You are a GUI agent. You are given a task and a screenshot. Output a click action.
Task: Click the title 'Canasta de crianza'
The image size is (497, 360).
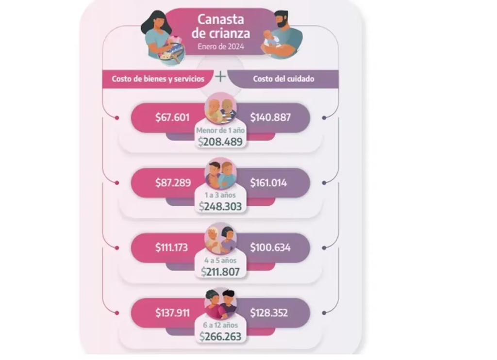pos(221,26)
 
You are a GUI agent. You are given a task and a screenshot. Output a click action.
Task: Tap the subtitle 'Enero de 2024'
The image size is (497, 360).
pos(221,47)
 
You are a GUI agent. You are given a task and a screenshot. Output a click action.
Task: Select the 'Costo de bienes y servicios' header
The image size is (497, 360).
pos(158,79)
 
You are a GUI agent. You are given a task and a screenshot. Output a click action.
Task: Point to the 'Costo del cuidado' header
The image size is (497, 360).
pos(283,79)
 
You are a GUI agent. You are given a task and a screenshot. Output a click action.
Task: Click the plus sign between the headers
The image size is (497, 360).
pos(220,77)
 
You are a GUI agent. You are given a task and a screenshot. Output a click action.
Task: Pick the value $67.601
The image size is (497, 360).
pos(172,117)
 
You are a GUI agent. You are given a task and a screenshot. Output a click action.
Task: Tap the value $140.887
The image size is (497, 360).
pos(270,117)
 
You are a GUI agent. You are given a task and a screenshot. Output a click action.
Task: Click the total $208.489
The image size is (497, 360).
pos(220,142)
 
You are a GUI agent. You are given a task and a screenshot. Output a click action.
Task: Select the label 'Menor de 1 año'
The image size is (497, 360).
pos(220,130)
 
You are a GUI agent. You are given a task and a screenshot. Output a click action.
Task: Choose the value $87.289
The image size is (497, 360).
pos(173,183)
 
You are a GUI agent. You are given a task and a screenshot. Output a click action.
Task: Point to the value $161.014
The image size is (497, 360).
pos(268,183)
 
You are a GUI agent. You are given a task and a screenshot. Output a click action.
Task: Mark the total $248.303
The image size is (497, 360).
pos(220,207)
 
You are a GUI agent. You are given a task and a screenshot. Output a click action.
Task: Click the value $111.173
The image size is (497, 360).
pos(171,247)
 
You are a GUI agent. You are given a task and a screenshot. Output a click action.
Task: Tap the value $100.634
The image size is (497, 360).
pos(270,247)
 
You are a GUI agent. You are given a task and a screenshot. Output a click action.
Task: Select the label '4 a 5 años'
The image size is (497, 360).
pos(220,261)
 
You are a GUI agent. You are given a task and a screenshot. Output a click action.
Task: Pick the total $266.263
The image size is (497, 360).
pos(220,337)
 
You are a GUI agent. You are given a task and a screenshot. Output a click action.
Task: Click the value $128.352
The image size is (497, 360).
pos(269,313)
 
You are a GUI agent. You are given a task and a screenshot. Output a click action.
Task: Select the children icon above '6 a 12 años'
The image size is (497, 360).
pos(221,304)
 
